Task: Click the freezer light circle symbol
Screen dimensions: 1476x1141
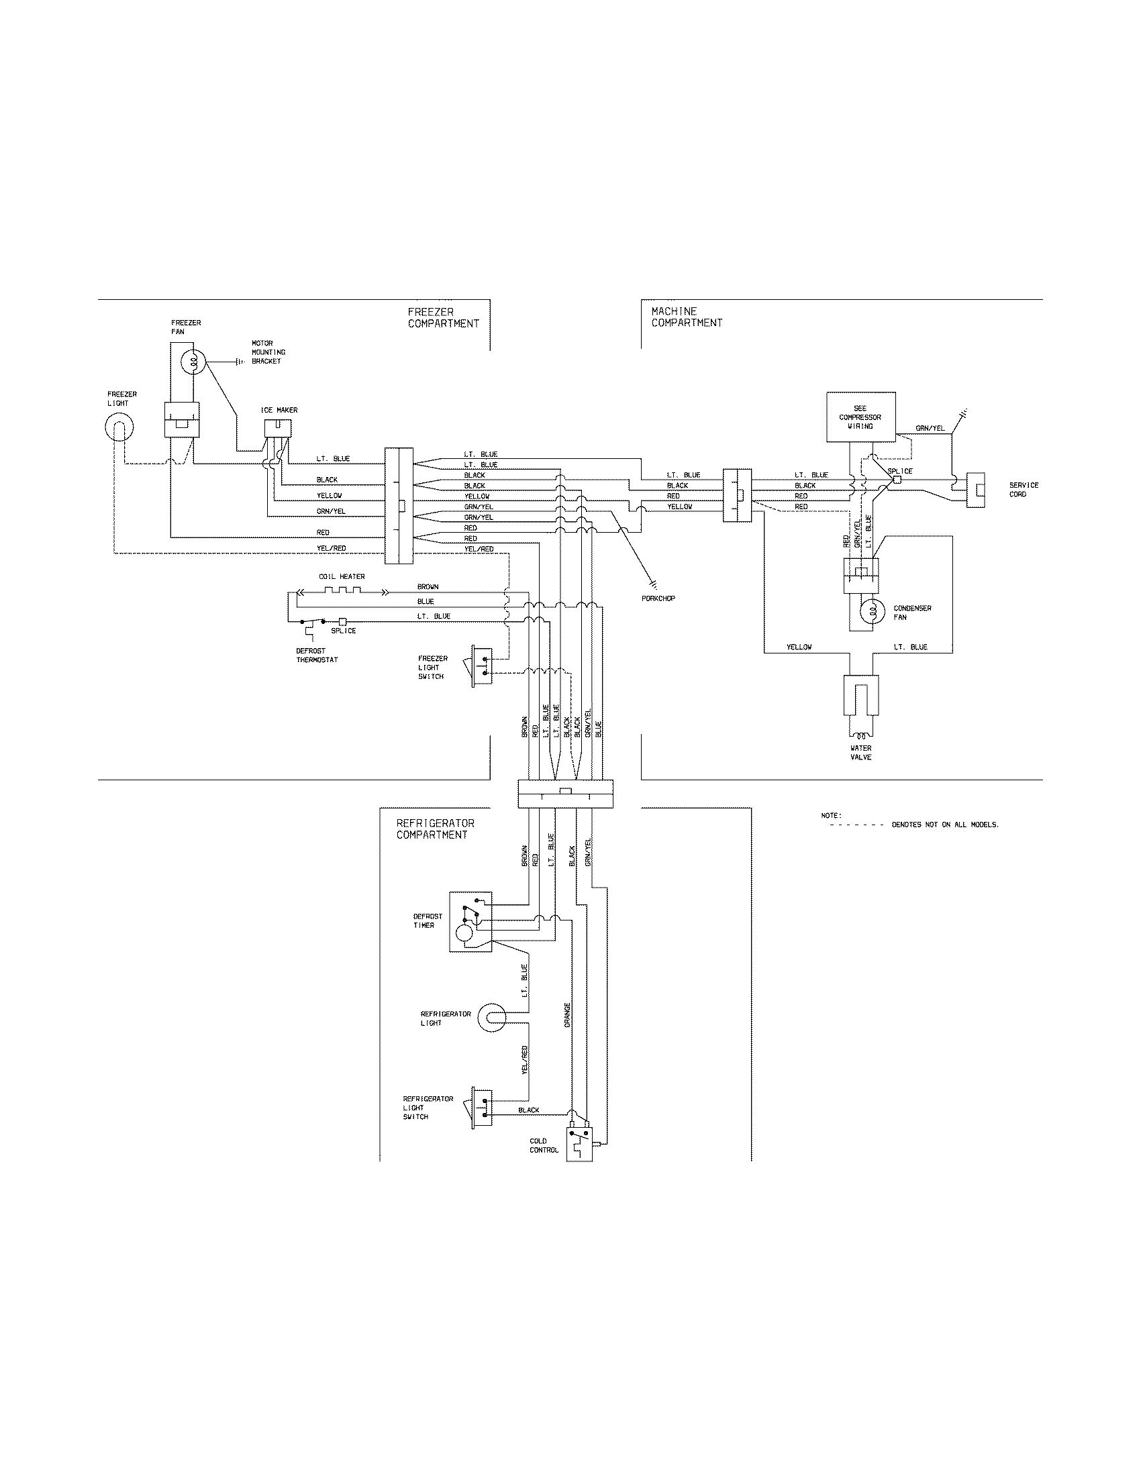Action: click(x=119, y=427)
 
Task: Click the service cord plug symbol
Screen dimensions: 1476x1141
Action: click(x=977, y=490)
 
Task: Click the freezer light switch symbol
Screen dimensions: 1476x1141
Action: click(x=481, y=666)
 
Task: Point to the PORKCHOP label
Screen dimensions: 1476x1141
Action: click(x=659, y=598)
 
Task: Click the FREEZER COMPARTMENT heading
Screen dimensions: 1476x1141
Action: click(x=443, y=317)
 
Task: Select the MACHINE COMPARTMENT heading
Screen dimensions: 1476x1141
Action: click(x=687, y=317)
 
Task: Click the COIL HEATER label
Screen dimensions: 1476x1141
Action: click(x=342, y=576)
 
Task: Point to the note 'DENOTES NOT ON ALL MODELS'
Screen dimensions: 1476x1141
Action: click(x=944, y=825)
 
